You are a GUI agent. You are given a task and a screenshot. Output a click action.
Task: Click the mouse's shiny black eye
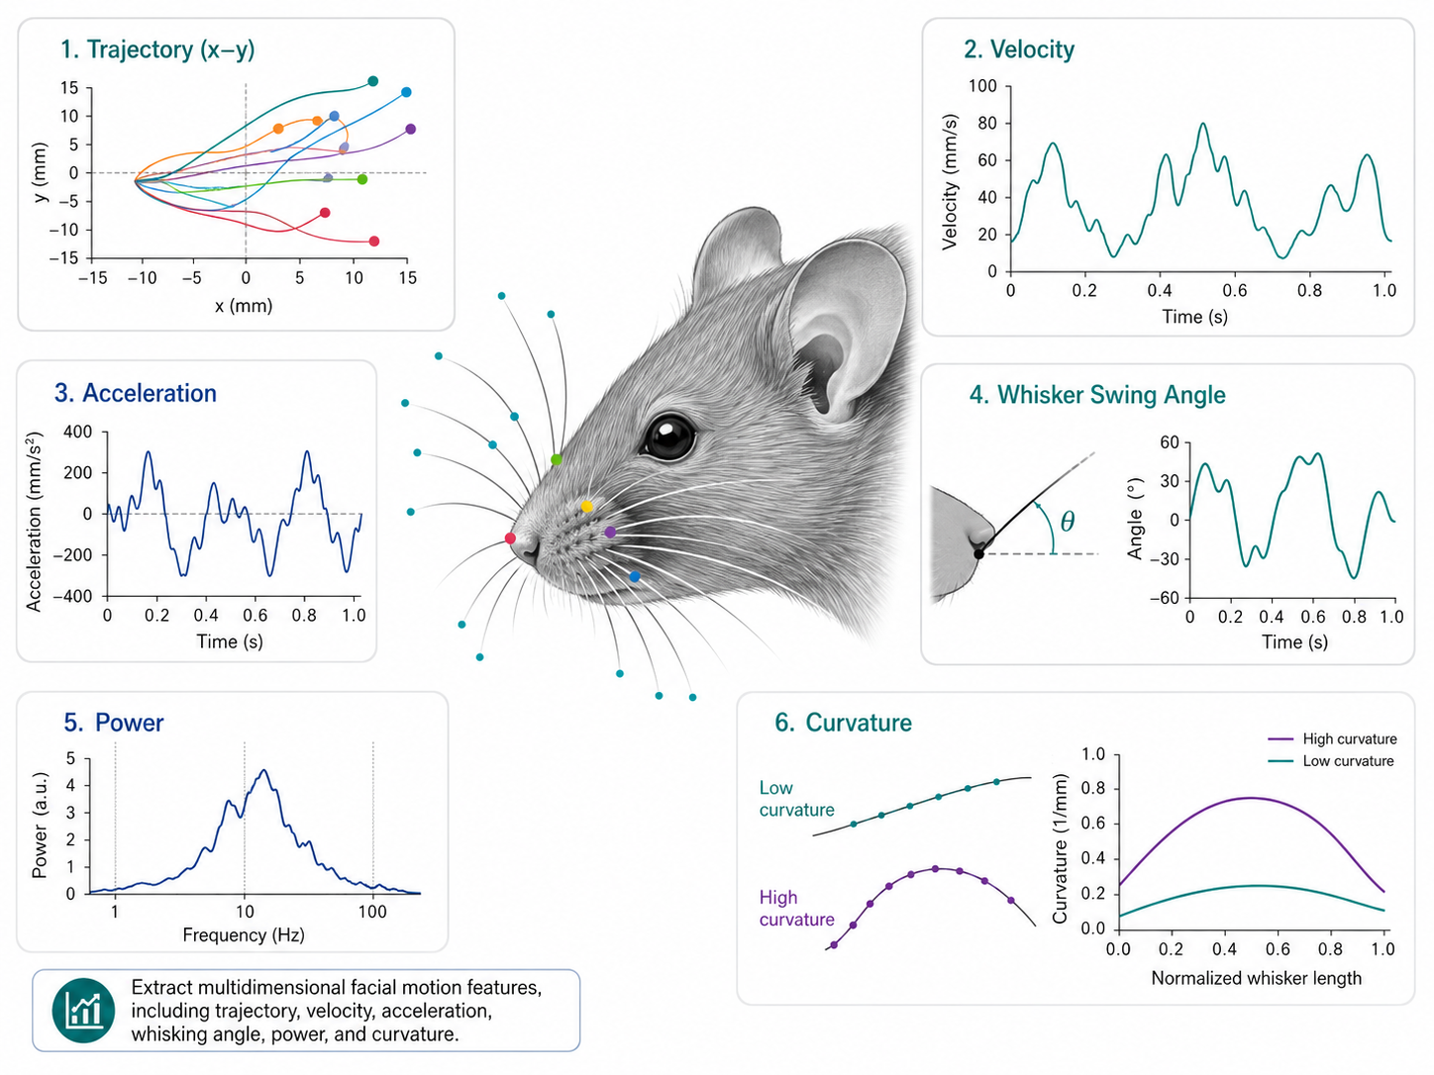(x=668, y=436)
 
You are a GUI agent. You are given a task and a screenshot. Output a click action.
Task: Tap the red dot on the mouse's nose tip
(x=510, y=538)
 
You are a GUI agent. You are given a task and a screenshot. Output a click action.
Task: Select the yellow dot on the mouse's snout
(x=586, y=507)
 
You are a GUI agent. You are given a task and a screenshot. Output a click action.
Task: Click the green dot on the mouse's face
(x=556, y=459)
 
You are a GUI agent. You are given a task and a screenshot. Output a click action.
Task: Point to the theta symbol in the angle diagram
(x=1067, y=521)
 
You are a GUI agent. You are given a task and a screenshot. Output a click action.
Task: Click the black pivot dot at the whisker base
(x=978, y=554)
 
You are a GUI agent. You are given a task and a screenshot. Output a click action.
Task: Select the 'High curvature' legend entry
(x=1332, y=738)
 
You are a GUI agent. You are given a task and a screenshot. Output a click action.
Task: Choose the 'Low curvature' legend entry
(x=1331, y=761)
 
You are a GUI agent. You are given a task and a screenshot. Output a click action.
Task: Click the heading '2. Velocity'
(x=1019, y=49)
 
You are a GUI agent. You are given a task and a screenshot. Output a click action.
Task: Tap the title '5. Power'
(x=114, y=723)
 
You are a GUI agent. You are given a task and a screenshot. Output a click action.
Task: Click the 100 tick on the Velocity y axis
(x=982, y=86)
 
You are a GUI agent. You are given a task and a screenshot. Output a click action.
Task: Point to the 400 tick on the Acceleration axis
(x=78, y=433)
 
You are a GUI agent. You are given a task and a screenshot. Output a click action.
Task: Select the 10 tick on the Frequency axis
(x=245, y=911)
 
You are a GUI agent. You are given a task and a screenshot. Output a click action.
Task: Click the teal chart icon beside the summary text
(x=83, y=1010)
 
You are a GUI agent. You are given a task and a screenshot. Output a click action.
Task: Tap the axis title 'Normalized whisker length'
(x=1257, y=978)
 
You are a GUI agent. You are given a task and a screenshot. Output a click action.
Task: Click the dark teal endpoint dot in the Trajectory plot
(x=373, y=81)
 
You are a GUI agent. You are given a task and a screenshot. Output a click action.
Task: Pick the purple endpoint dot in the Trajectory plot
(x=410, y=130)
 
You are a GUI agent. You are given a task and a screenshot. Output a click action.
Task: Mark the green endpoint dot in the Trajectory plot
(x=362, y=179)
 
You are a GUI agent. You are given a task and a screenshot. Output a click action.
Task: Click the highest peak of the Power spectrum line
(x=264, y=771)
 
